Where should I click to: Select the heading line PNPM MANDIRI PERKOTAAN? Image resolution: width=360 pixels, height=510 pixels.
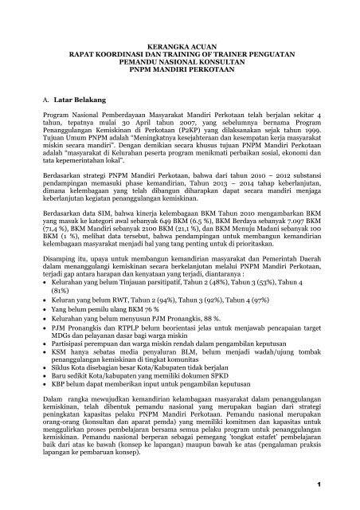180,80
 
